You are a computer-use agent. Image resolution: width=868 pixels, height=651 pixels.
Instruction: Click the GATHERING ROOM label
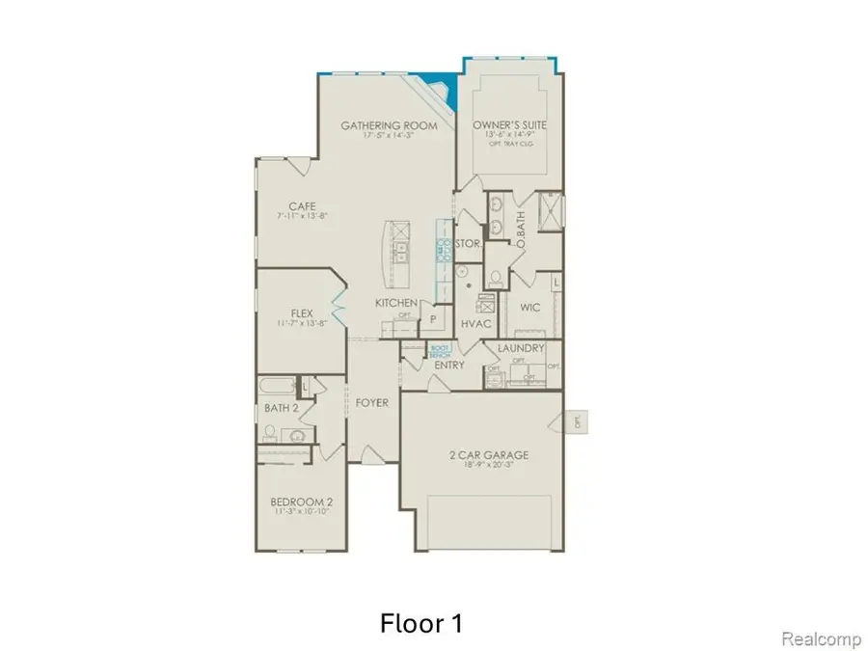[x=389, y=125]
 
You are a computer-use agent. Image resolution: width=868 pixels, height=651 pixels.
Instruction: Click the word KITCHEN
[x=396, y=303]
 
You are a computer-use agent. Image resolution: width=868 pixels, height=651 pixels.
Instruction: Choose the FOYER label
[x=371, y=402]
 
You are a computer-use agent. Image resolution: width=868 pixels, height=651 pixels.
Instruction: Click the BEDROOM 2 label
[x=302, y=502]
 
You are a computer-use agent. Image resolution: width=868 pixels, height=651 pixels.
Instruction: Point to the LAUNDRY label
[x=522, y=348]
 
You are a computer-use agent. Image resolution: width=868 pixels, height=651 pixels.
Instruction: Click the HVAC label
[x=476, y=324]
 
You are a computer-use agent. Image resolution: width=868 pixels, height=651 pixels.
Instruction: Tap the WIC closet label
[x=529, y=308]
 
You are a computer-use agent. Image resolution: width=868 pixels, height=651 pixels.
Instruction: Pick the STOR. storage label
[x=469, y=244]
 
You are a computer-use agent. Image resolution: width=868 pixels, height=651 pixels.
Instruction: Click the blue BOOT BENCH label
[x=440, y=351]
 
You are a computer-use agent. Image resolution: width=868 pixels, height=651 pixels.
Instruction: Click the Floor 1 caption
[x=420, y=624]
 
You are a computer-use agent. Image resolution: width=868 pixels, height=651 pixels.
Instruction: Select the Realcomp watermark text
[x=815, y=638]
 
